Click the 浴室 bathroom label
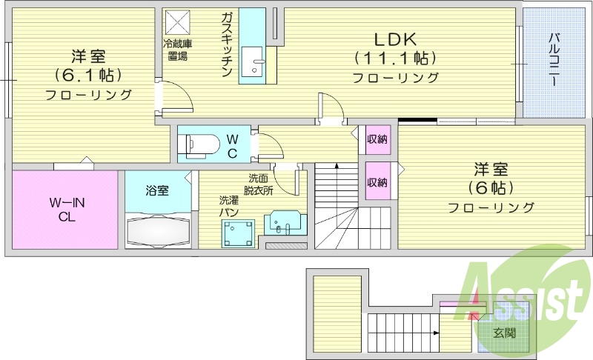157,191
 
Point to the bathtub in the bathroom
159,231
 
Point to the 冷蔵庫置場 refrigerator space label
177,49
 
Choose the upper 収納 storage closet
377,139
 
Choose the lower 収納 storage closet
377,183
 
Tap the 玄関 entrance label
506,334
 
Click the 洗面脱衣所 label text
259,184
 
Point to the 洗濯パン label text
228,207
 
